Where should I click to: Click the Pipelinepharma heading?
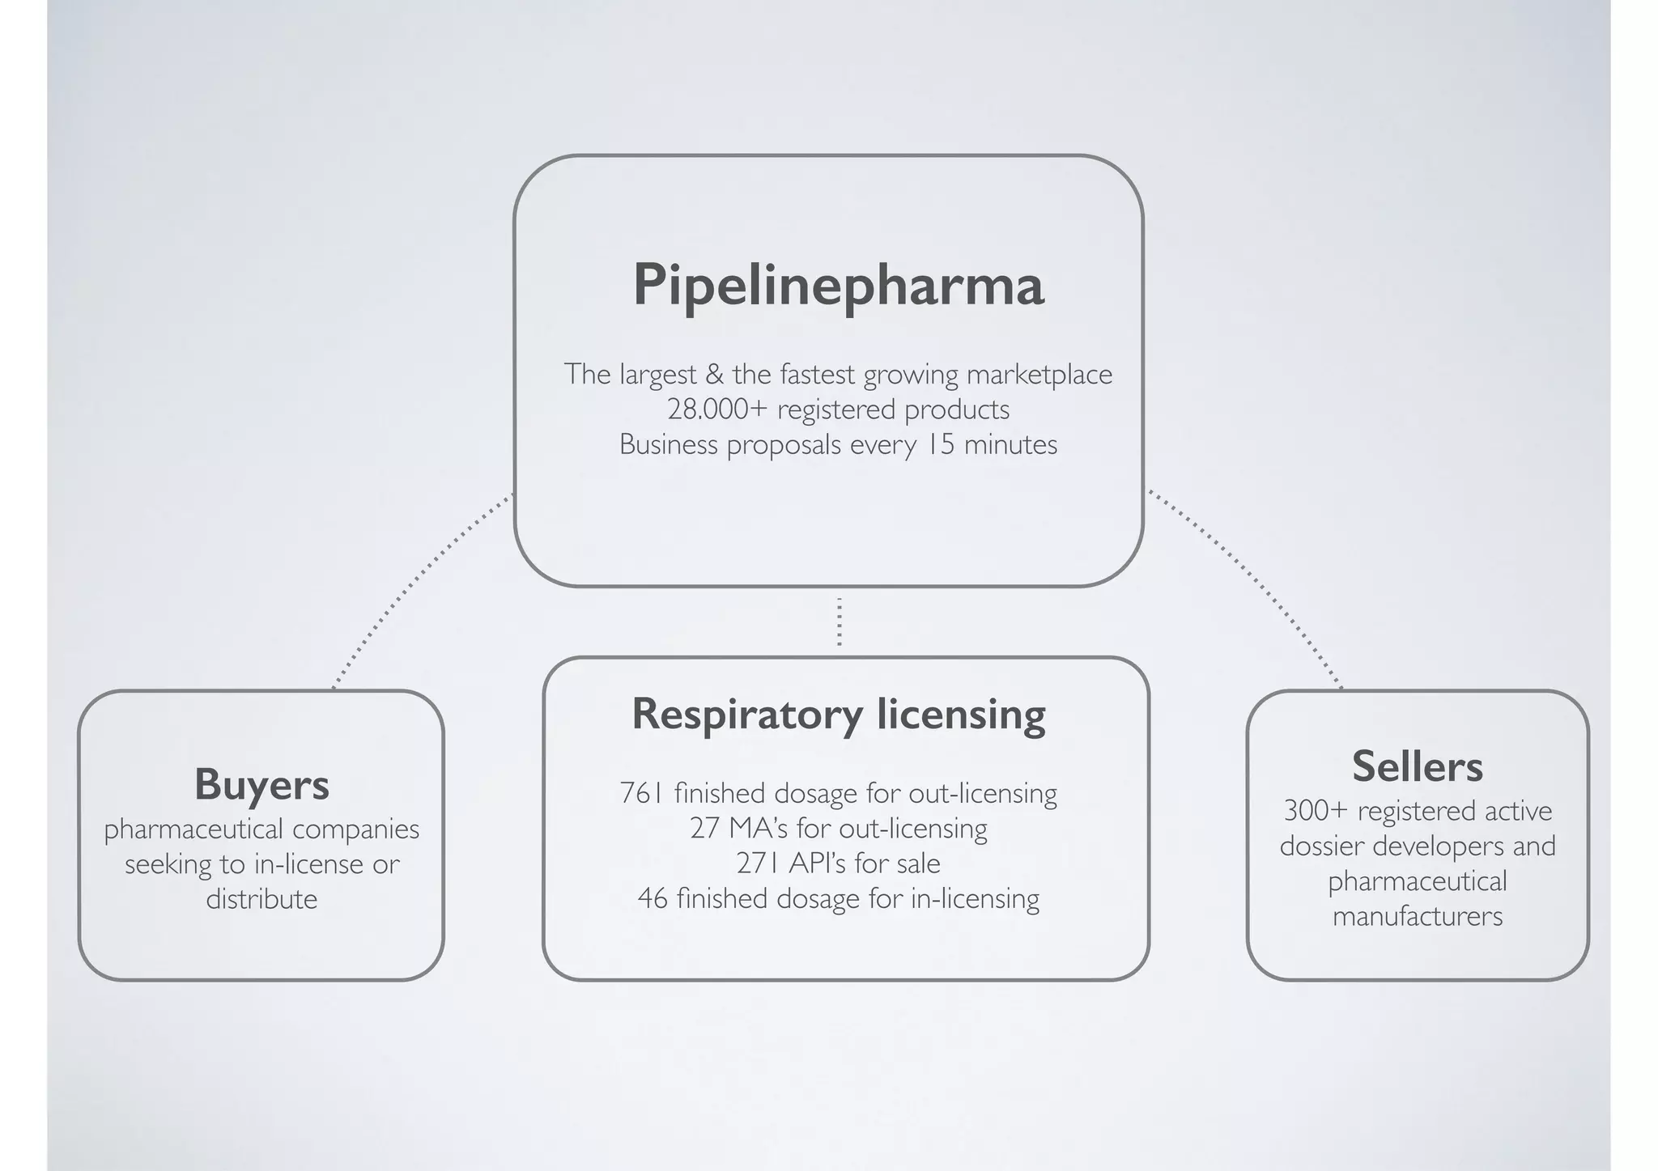[838, 285]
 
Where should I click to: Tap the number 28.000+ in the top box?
[716, 409]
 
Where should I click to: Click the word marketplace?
[1039, 375]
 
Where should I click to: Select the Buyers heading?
[261, 784]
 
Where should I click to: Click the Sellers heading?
[1417, 766]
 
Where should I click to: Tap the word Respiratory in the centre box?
[746, 715]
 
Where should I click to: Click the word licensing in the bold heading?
[961, 715]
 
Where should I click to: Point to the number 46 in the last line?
[652, 898]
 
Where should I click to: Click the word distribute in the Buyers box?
[261, 899]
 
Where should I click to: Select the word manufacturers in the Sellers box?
[1417, 916]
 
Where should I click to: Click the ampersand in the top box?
[713, 375]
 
